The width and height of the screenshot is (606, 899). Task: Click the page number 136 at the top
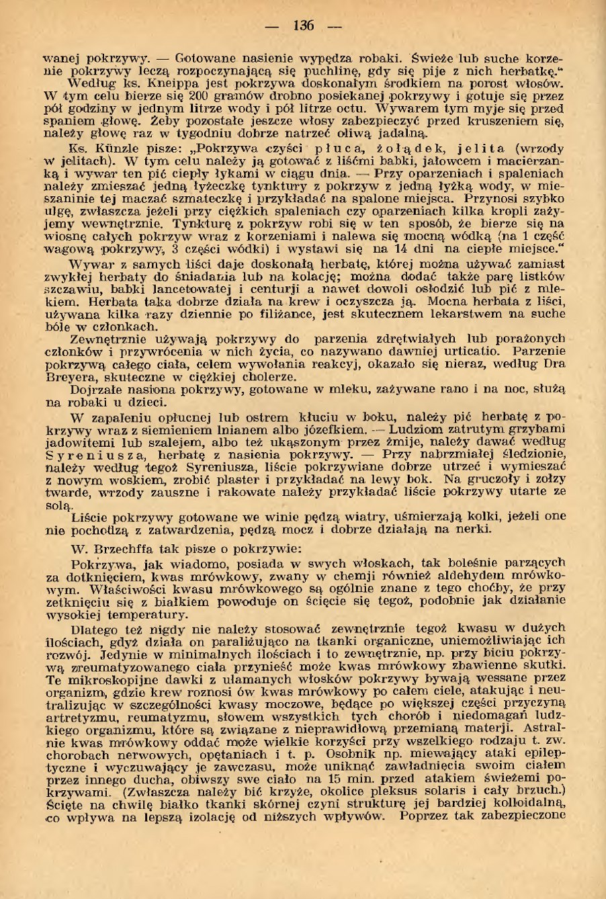303,26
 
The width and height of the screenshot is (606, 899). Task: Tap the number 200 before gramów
175,98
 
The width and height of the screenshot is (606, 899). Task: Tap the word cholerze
269,377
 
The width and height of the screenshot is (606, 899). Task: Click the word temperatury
148,615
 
